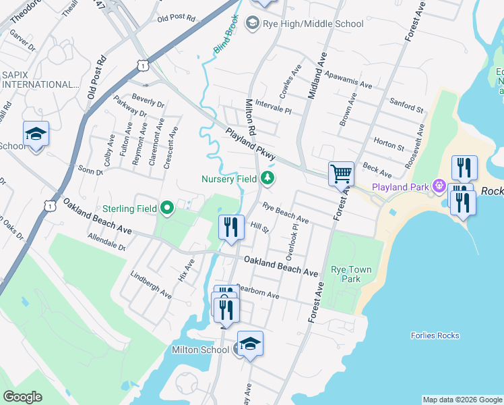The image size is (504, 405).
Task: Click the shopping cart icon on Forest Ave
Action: point(342,173)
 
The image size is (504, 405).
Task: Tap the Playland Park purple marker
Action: point(439,185)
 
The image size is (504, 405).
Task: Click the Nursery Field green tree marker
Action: point(268,178)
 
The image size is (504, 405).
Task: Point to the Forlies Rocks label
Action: point(435,335)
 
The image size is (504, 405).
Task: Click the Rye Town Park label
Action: point(351,274)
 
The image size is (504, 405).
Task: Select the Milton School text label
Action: point(200,350)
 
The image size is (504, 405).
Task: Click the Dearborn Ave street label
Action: point(257,292)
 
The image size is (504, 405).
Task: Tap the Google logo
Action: point(22,397)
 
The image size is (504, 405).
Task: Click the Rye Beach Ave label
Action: point(286,214)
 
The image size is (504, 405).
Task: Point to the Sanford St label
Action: point(406,105)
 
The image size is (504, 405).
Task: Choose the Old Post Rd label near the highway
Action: point(176,18)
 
